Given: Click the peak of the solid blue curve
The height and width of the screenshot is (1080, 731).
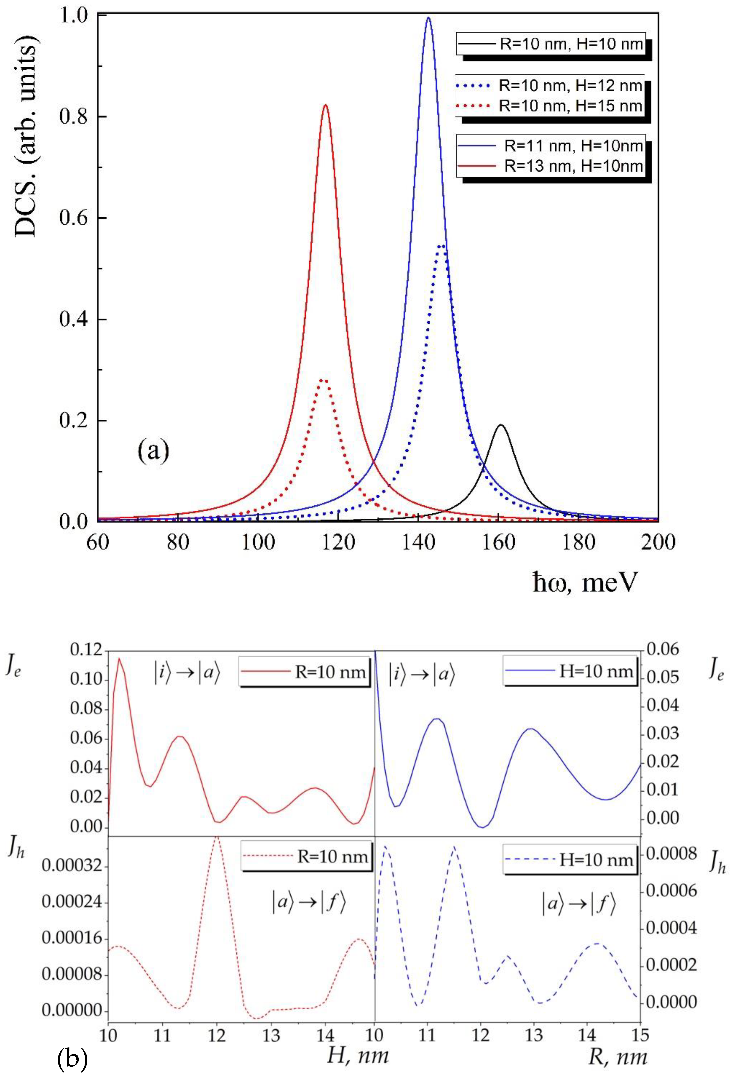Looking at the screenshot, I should coord(428,18).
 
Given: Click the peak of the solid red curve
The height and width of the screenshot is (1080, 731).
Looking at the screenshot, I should coord(326,105).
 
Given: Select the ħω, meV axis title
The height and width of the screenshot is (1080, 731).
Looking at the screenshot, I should coord(584,582).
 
